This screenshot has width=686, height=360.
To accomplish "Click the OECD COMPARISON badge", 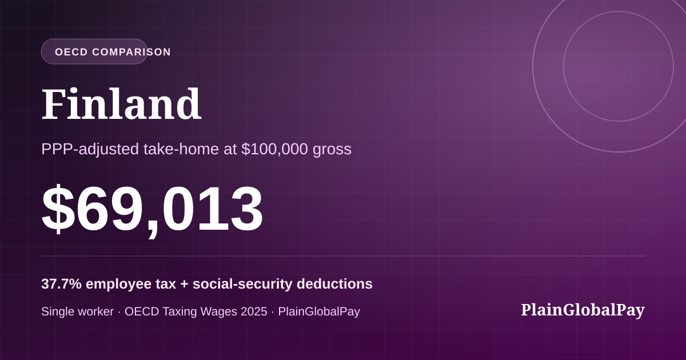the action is click(x=94, y=51).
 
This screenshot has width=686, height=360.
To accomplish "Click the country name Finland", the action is click(x=121, y=104).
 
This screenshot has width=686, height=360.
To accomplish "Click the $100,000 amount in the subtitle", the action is click(x=274, y=149).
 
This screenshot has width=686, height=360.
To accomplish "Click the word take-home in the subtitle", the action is click(x=181, y=149).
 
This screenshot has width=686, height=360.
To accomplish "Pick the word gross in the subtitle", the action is click(x=332, y=150).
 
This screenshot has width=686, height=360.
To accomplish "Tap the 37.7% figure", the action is click(x=61, y=284).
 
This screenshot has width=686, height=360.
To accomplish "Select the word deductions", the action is click(x=335, y=284).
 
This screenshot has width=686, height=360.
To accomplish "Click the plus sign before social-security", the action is click(x=184, y=285).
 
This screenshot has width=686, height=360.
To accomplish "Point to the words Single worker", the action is click(x=78, y=311).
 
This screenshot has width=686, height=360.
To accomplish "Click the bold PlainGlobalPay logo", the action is click(x=583, y=310).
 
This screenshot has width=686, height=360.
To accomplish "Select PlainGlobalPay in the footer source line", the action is click(x=319, y=312).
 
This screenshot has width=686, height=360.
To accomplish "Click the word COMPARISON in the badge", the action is click(x=131, y=52).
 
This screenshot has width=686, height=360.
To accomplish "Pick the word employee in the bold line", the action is click(x=118, y=285).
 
